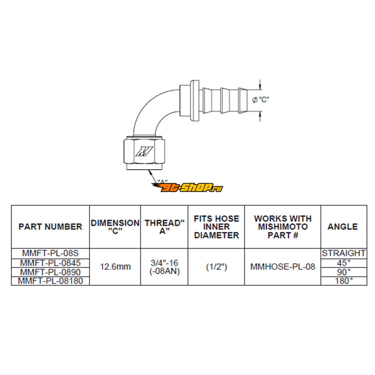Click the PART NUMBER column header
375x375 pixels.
(51, 226)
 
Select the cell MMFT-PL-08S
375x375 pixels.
(51, 253)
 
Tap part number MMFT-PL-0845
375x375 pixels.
(51, 263)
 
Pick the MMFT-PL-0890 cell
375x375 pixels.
(51, 272)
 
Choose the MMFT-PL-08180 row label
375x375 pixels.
(51, 281)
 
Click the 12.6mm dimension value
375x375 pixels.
(115, 267)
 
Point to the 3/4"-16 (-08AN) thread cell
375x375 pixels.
(165, 267)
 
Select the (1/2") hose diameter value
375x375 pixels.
(217, 267)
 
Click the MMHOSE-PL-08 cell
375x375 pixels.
(283, 267)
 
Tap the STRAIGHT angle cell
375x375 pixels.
(344, 253)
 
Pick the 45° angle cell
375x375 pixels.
(344, 263)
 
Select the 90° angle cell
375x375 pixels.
(344, 272)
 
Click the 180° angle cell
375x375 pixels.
(344, 281)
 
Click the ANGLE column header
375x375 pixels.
(343, 226)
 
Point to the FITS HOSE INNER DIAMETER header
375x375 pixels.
(217, 227)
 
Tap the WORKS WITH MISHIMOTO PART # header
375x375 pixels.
(283, 227)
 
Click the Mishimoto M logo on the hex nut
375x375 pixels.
(144, 151)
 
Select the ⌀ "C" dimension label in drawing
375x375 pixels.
(261, 99)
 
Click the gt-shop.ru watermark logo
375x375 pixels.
(187, 187)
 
